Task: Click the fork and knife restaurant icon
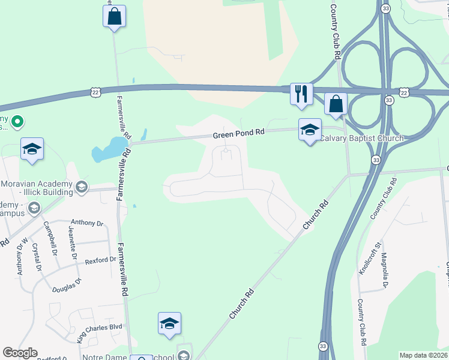[301, 94]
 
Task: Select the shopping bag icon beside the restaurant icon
[336, 104]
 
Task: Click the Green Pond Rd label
[238, 135]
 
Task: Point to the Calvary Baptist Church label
[361, 139]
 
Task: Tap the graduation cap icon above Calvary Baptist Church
[310, 130]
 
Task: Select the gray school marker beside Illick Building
[81, 188]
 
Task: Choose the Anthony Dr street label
[87, 223]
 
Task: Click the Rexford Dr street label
[100, 260]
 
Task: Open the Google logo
[20, 353]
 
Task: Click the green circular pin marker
[17, 122]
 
